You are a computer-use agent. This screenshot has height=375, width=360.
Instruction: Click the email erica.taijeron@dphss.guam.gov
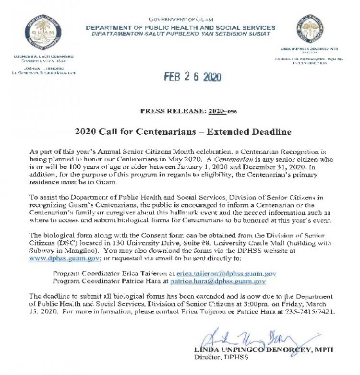[226, 273]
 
